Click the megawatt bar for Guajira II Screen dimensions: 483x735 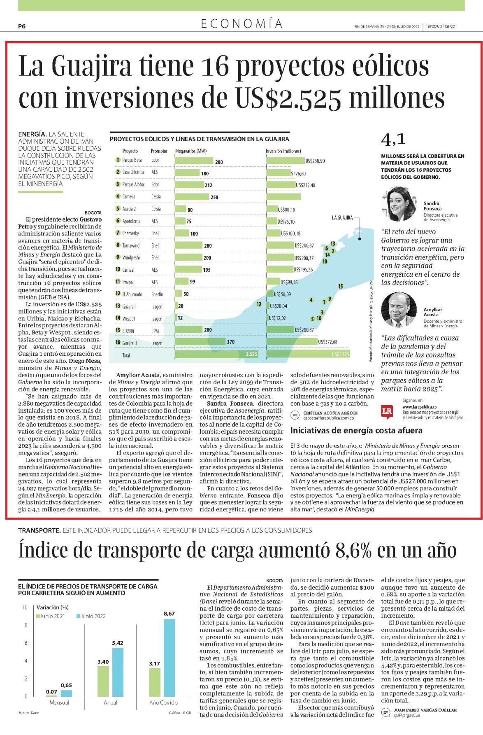point(200,342)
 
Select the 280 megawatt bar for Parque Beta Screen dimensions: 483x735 point(194,161)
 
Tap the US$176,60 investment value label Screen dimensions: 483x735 point(298,173)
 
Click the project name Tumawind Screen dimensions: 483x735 point(131,245)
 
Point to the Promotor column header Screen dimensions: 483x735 point(159,151)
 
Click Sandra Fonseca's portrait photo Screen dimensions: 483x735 point(397,204)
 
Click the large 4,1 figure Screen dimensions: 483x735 point(393,140)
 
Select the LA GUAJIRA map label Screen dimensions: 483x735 point(342,218)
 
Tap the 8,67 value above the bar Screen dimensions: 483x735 point(169,613)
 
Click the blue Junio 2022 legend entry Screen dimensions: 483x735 point(91,616)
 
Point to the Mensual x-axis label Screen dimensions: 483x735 point(59,702)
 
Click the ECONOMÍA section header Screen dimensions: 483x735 point(242,23)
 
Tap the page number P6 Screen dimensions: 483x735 point(22,26)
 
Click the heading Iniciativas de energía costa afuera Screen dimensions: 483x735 point(356,430)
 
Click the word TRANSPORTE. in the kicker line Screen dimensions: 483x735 point(39,530)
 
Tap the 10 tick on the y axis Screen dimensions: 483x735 point(25,607)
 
